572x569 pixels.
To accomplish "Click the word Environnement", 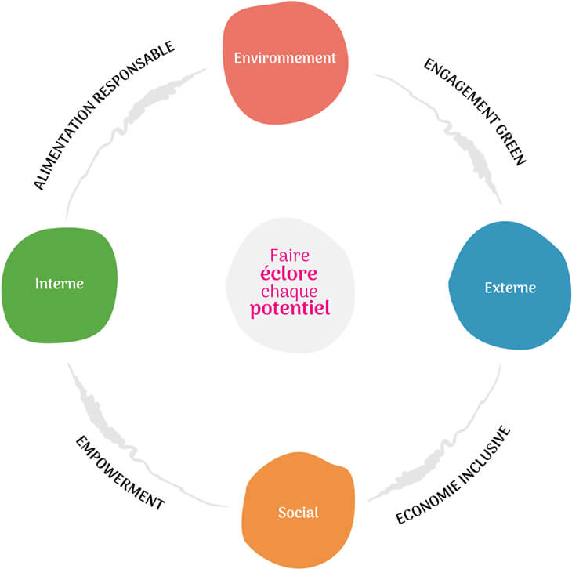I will coord(284,57).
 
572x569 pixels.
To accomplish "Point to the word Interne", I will coord(60,283).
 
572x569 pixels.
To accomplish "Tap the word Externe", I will coord(510,288).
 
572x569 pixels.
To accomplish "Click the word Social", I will coord(298,513).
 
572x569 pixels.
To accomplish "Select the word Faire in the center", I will coord(290,256).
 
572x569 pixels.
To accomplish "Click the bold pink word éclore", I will coord(290,274).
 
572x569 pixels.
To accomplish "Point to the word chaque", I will coord(290,291).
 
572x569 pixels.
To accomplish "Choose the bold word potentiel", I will coord(290,308).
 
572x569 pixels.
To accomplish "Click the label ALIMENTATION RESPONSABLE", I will coord(103,115).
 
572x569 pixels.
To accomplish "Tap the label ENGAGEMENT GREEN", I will coord(475,111).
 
